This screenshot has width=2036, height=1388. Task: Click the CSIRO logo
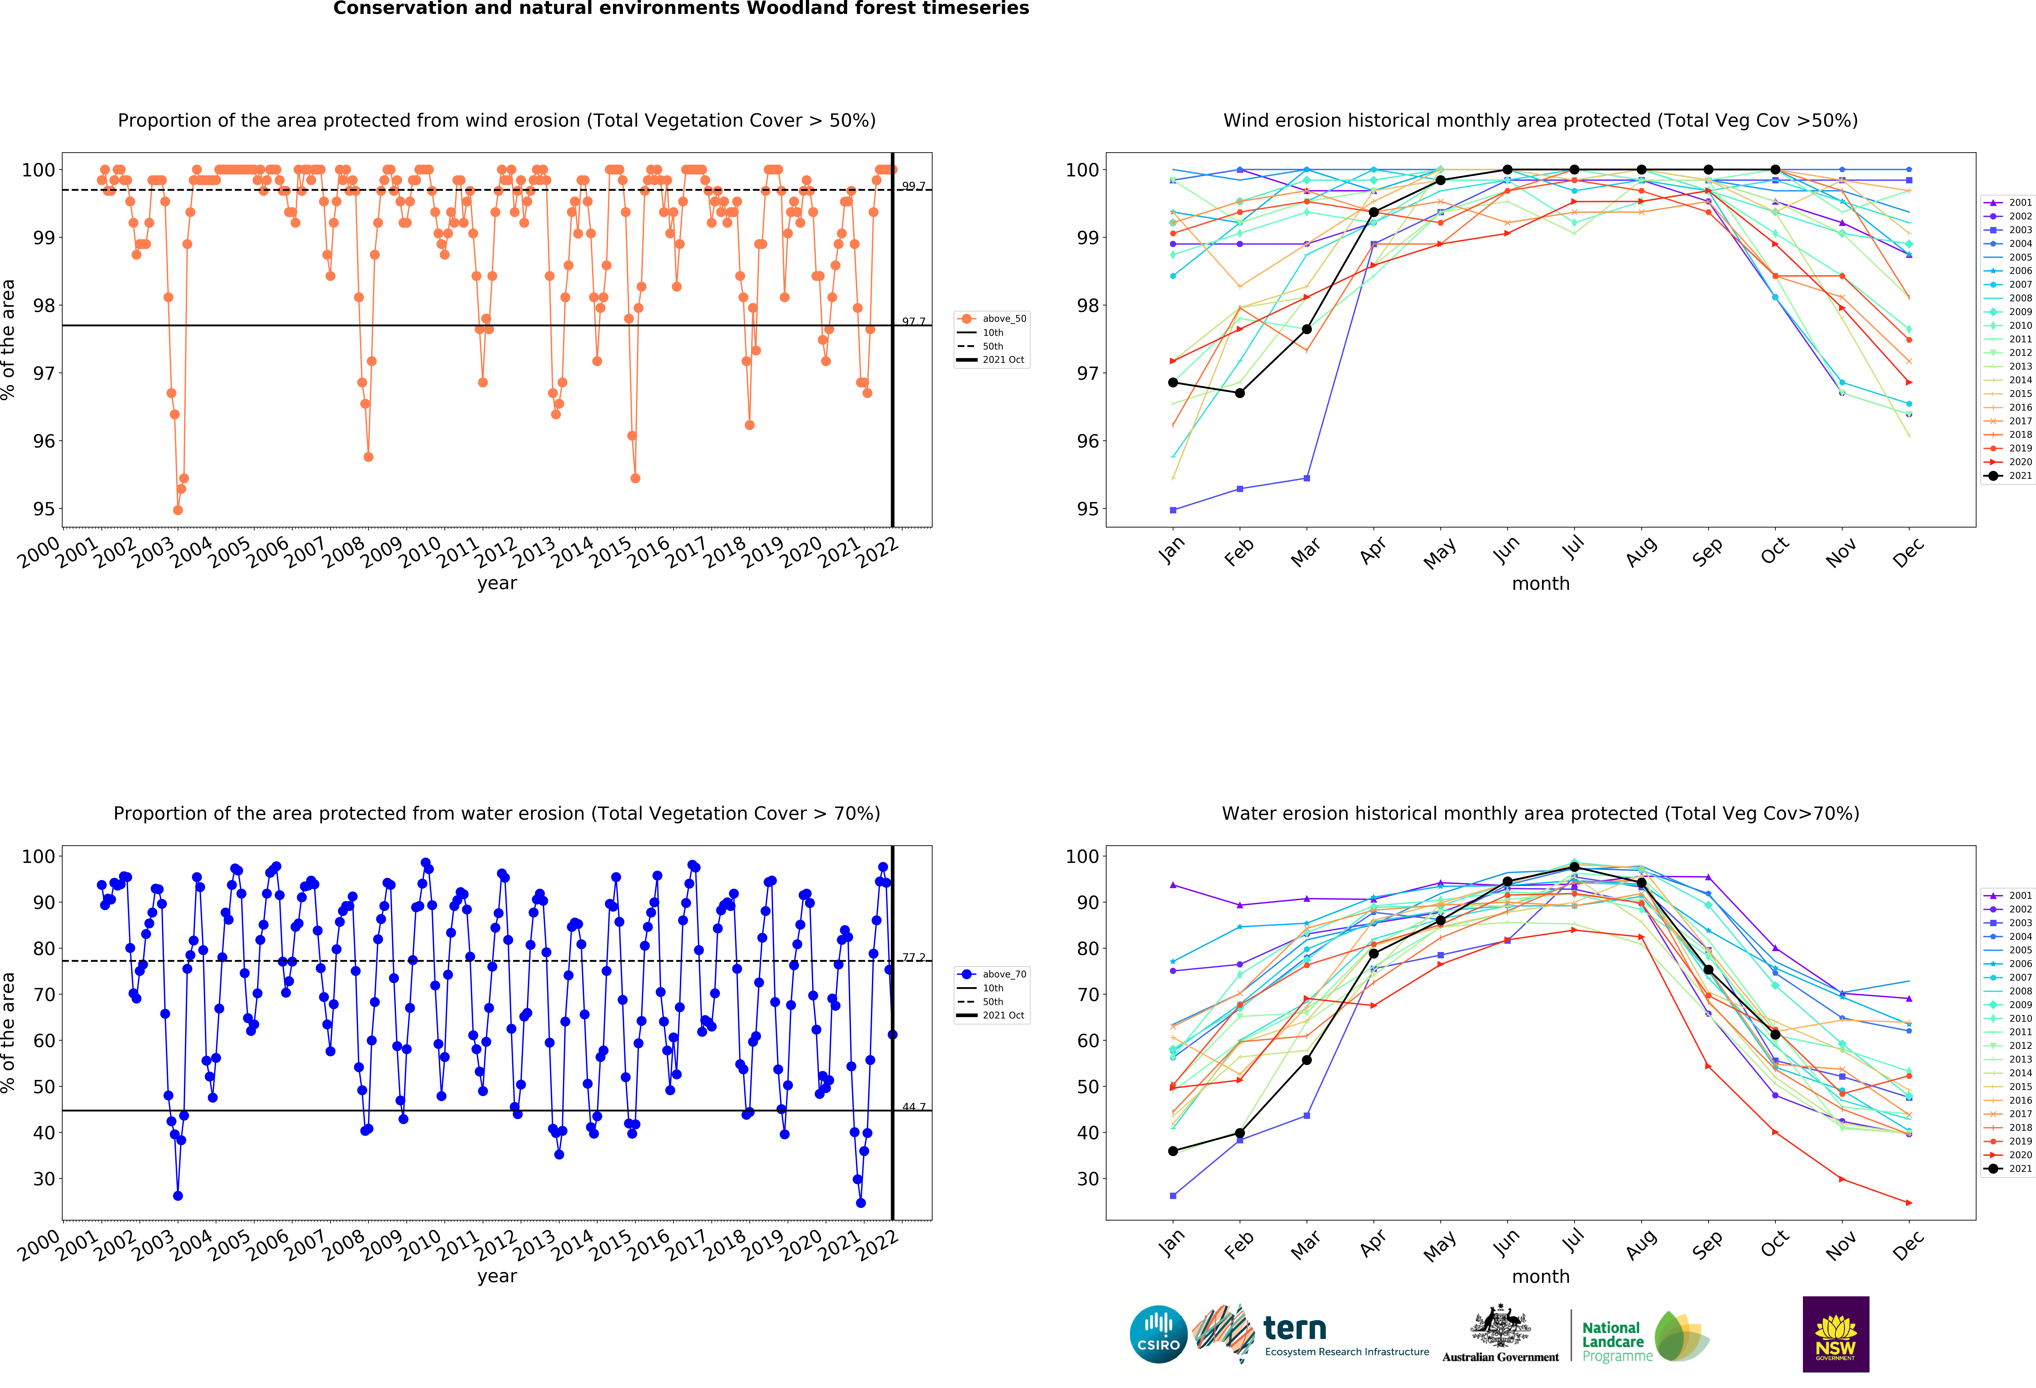(x=1158, y=1335)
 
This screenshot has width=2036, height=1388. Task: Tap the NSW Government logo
(x=1835, y=1334)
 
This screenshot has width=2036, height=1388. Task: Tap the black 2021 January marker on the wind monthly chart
(x=1173, y=382)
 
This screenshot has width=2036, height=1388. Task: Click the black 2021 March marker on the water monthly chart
(x=1306, y=1060)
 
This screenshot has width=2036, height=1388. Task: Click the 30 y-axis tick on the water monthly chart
(x=1086, y=1179)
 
